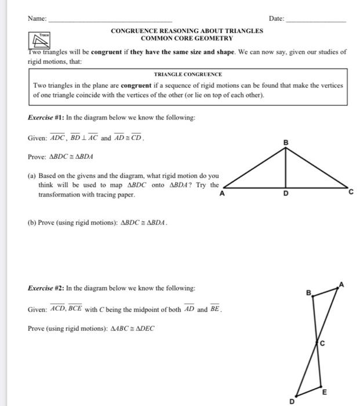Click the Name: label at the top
[37, 19]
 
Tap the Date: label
[277, 19]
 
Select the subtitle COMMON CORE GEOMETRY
[187, 38]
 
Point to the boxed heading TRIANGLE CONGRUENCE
[188, 74]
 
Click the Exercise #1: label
[46, 117]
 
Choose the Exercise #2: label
[46, 288]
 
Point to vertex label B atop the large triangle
[285, 142]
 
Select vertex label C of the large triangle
[350, 194]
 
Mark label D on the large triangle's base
[285, 194]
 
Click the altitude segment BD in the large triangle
[285, 168]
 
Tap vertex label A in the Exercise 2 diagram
[341, 284]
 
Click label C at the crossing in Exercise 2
[323, 344]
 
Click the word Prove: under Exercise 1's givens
[37, 157]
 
